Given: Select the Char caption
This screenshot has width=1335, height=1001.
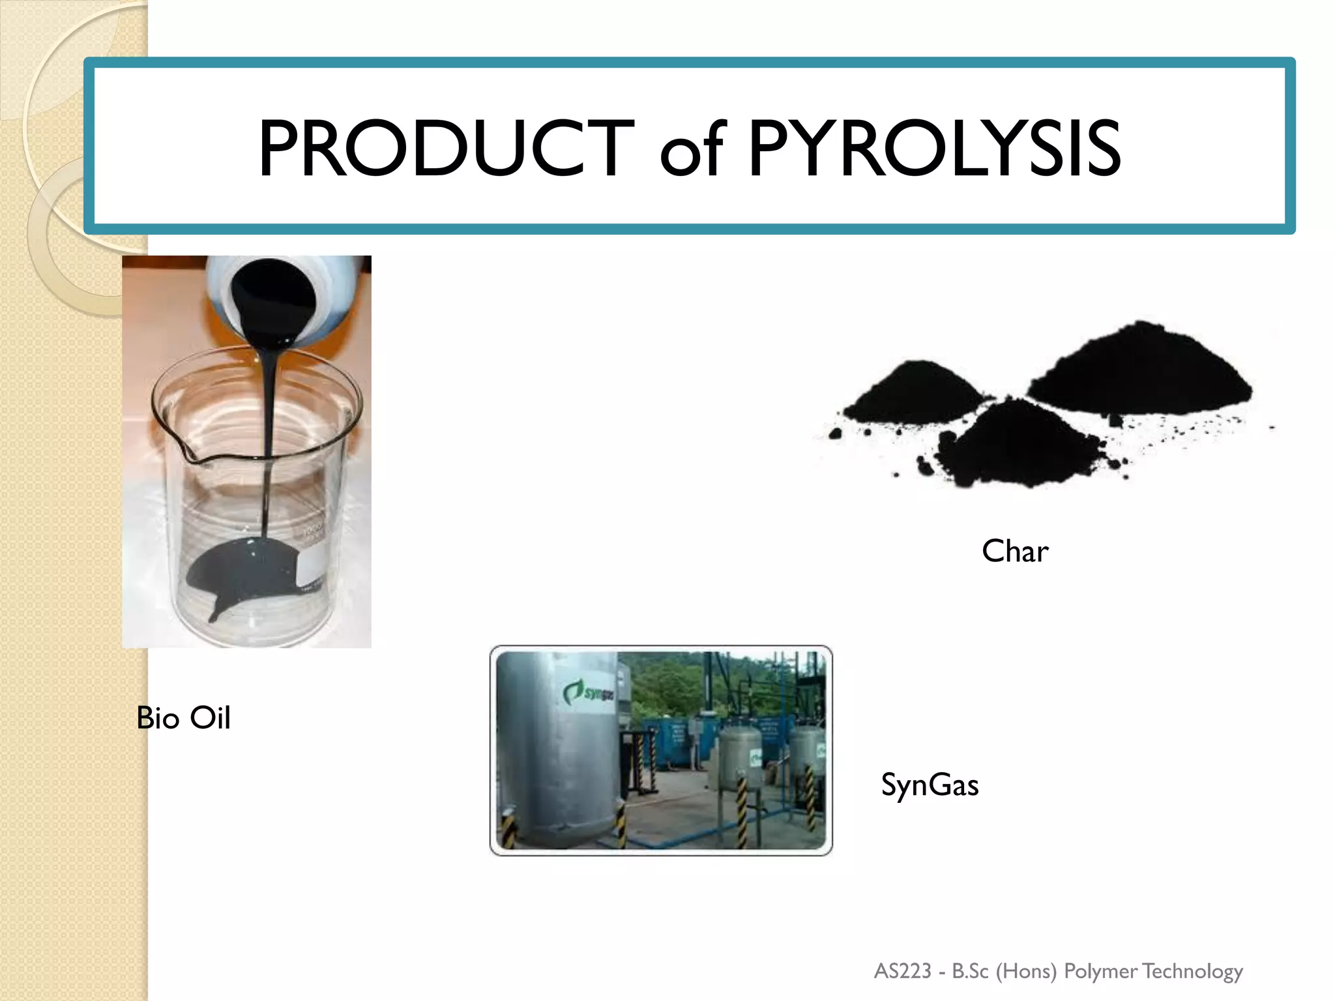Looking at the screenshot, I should coord(1015,551).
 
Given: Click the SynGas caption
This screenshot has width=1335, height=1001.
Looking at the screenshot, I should coord(930,785).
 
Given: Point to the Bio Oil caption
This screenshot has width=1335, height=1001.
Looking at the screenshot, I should coord(183,718).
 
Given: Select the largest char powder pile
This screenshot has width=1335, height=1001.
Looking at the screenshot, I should coord(1141,371).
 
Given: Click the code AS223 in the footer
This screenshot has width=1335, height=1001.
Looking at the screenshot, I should coord(903,971).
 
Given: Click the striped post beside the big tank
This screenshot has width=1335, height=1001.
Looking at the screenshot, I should coord(620,824).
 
